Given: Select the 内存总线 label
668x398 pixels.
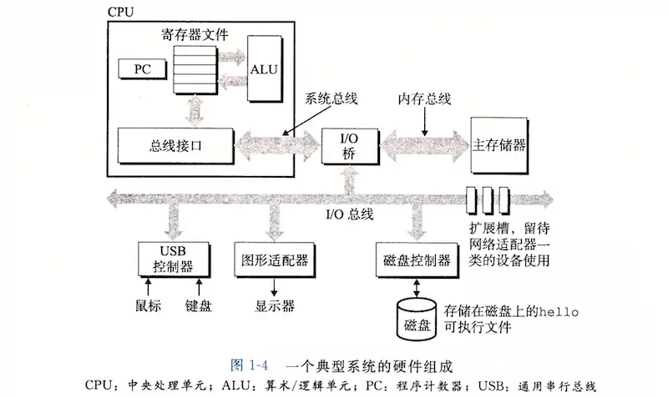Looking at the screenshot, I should (424, 98).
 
